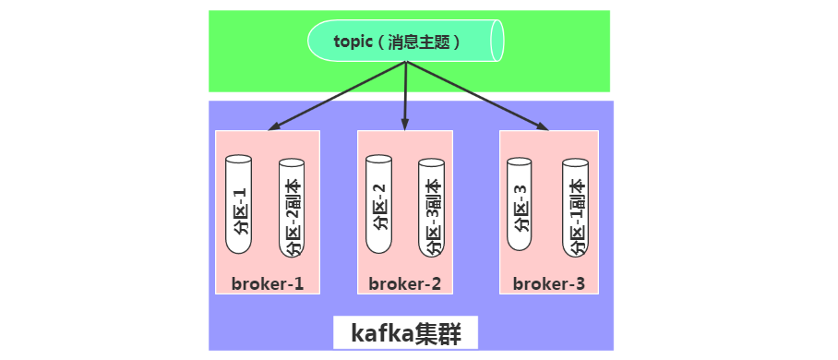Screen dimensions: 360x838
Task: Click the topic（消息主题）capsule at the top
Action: coord(406,42)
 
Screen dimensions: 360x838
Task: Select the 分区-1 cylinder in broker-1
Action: coord(238,205)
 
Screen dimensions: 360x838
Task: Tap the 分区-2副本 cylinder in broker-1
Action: coord(292,209)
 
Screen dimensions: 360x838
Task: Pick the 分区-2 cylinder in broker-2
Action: coord(379,205)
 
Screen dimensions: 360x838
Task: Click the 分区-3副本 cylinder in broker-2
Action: coord(432,209)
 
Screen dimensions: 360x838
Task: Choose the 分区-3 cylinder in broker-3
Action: coord(521,205)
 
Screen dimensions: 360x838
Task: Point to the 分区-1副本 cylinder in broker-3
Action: coord(575,209)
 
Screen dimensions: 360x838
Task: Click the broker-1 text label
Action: coord(267,282)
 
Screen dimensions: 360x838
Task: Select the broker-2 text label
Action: coord(404,282)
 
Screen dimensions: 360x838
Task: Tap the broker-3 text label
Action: coord(549,282)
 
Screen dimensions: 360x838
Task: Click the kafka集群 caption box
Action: coord(405,333)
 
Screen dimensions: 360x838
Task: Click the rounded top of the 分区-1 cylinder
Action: coord(238,160)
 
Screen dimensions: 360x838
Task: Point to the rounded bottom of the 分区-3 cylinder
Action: coord(521,247)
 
